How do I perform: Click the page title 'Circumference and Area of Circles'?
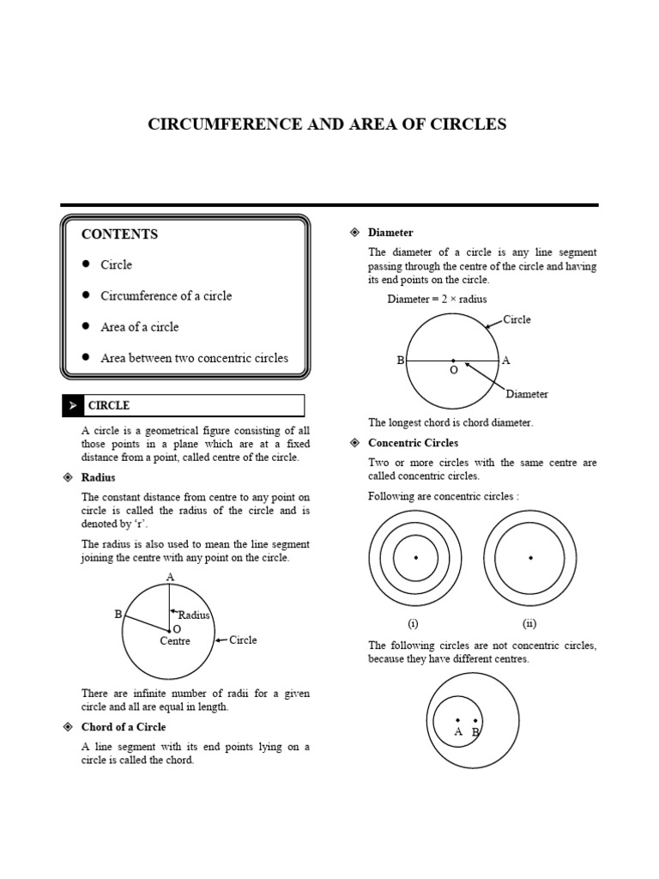pyautogui.click(x=328, y=124)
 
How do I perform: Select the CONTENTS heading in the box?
pyautogui.click(x=119, y=234)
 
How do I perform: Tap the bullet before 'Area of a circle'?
pyautogui.click(x=87, y=326)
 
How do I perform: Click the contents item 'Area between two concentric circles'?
pyautogui.click(x=194, y=358)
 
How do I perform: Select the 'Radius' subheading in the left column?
pyautogui.click(x=98, y=477)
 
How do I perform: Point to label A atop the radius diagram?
pyautogui.click(x=170, y=577)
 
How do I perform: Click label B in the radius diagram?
pyautogui.click(x=118, y=615)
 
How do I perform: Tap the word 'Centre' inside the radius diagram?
pyautogui.click(x=175, y=641)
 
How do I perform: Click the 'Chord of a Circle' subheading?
pyautogui.click(x=124, y=727)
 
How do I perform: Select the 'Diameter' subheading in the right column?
pyautogui.click(x=390, y=233)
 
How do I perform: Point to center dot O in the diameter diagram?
pyautogui.click(x=453, y=361)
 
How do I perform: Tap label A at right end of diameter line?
pyautogui.click(x=506, y=361)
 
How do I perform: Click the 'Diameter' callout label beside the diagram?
pyautogui.click(x=527, y=394)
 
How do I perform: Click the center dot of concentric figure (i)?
pyautogui.click(x=416, y=558)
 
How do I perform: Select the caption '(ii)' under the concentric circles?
pyautogui.click(x=529, y=624)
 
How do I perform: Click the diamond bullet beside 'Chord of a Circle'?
pyautogui.click(x=67, y=727)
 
